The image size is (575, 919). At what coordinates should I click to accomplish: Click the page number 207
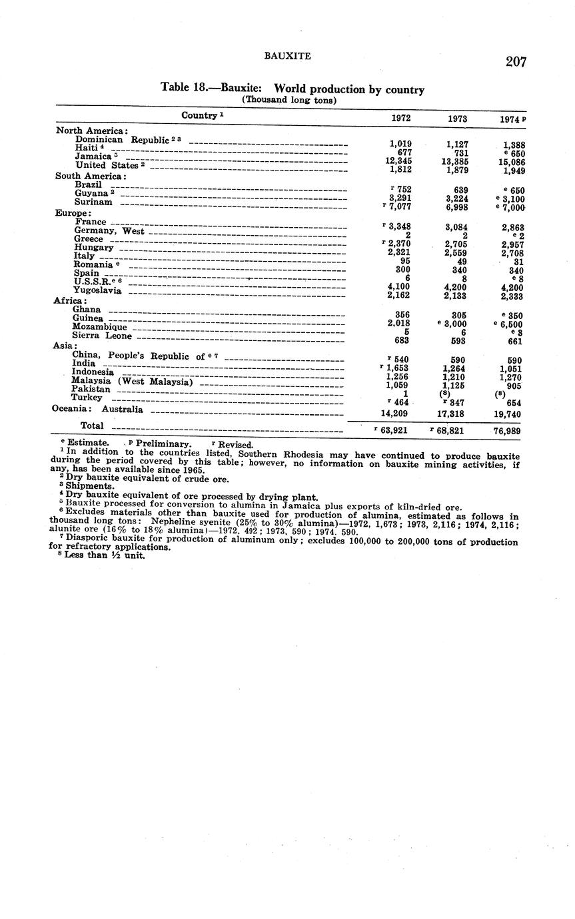pyautogui.click(x=515, y=62)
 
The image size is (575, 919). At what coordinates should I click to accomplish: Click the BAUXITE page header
pyautogui.click(x=287, y=57)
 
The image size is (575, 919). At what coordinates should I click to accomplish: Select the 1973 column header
pyautogui.click(x=457, y=119)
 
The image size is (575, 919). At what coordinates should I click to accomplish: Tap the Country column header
pyautogui.click(x=203, y=115)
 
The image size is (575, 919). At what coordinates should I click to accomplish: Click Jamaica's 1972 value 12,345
pyautogui.click(x=399, y=161)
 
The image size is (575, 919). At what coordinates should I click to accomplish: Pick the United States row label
pyautogui.click(x=107, y=165)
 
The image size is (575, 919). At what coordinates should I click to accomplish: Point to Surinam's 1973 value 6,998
pyautogui.click(x=457, y=207)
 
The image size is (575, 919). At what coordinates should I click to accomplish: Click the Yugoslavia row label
pyautogui.click(x=98, y=290)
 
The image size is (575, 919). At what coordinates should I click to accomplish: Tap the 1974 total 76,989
pyautogui.click(x=507, y=431)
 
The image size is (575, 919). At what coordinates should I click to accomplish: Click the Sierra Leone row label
pyautogui.click(x=102, y=336)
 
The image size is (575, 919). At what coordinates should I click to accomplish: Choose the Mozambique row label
pyautogui.click(x=99, y=327)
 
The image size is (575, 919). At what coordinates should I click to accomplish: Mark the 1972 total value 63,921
pyautogui.click(x=394, y=430)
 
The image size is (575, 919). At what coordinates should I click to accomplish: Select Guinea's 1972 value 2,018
pyautogui.click(x=398, y=324)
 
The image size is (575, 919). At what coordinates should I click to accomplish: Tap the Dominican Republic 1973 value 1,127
pyautogui.click(x=457, y=143)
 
